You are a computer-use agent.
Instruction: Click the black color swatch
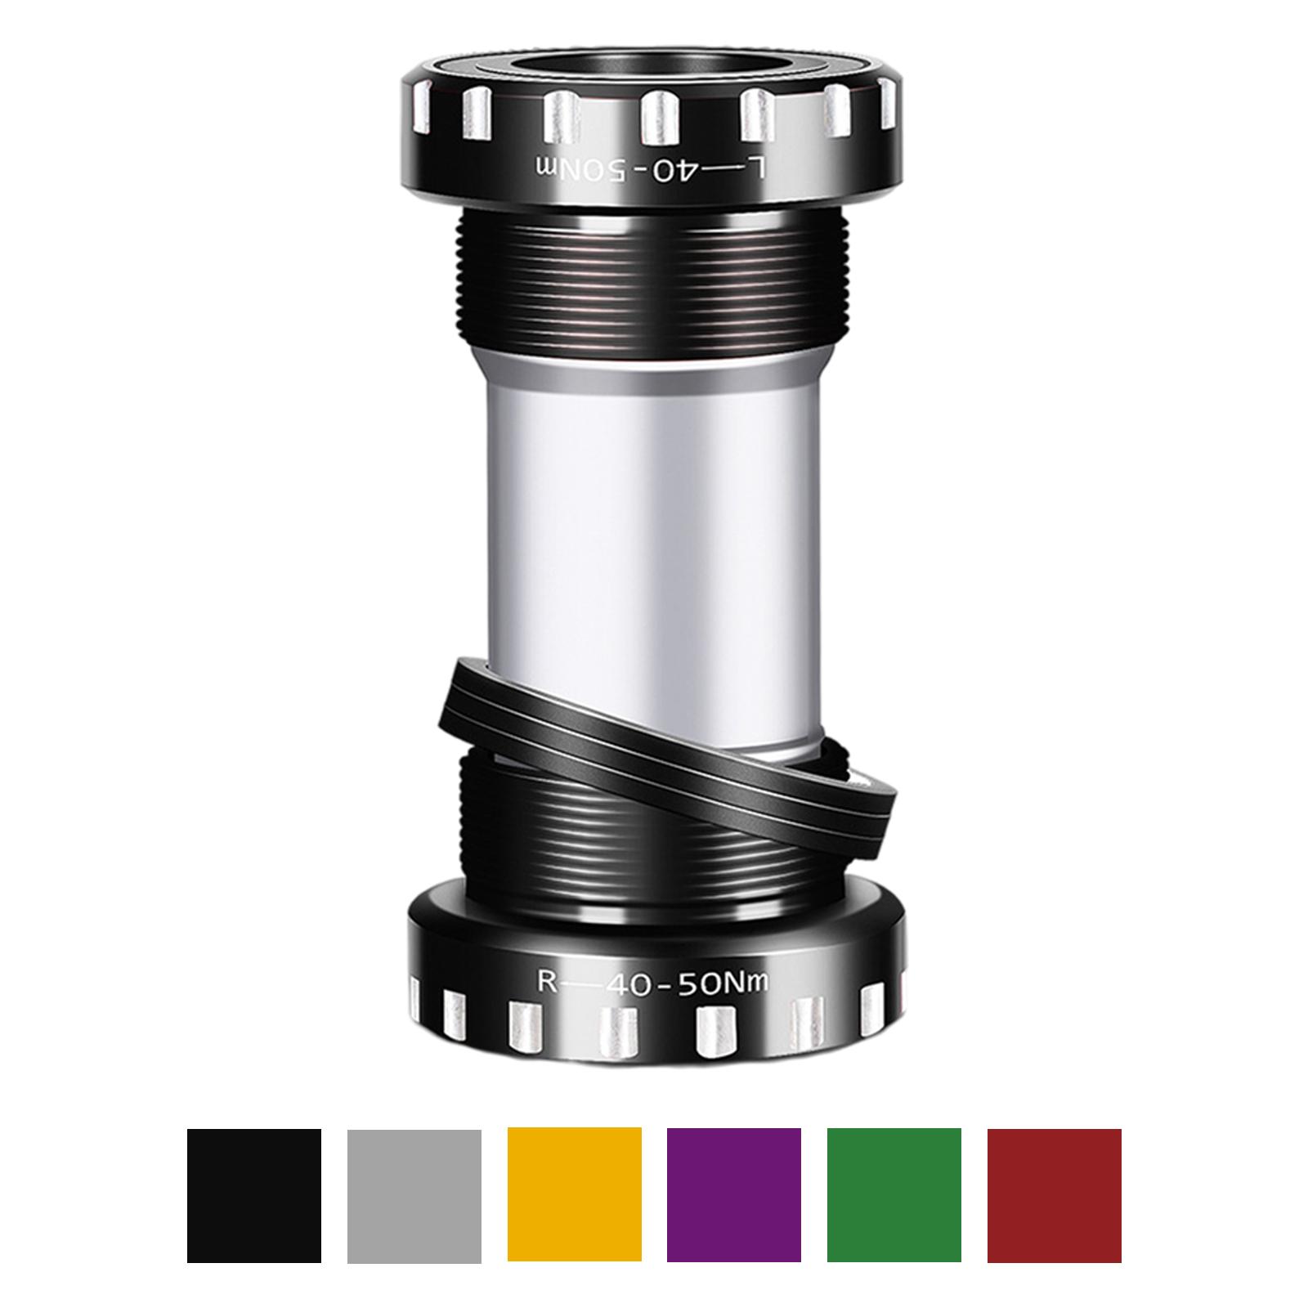pos(253,1195)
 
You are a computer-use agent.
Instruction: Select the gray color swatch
pos(414,1195)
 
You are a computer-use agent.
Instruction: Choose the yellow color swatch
pos(574,1195)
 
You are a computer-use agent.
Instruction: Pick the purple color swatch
pos(733,1195)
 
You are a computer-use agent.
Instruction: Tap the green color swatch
pos(894,1195)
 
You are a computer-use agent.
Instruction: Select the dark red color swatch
pos(1054,1195)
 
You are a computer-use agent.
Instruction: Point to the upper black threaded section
pos(654,278)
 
